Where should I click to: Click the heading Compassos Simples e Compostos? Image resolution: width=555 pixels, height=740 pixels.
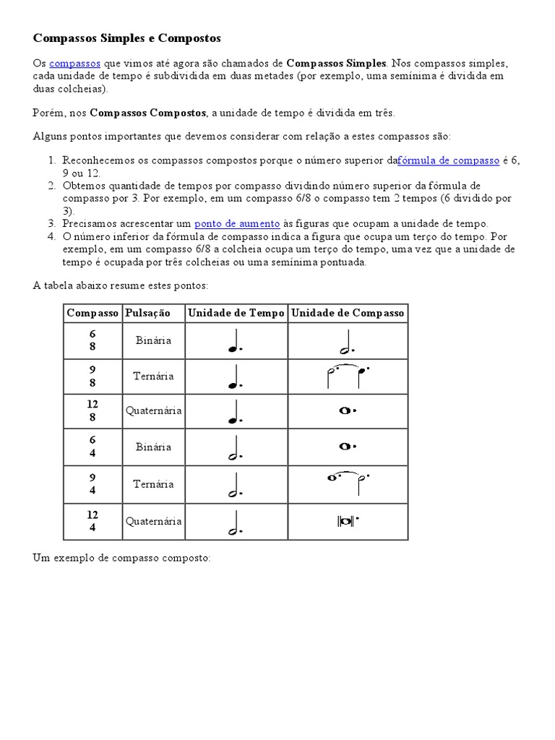127,37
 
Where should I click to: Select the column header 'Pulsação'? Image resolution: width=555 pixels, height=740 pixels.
147,313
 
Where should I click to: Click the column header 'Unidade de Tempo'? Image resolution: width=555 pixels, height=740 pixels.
236,313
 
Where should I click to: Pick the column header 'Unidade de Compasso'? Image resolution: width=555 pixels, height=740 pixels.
348,313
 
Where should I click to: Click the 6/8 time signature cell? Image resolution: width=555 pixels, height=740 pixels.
92,340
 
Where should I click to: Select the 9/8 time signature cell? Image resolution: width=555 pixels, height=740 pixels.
92,377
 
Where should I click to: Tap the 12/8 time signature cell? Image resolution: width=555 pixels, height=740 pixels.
92,411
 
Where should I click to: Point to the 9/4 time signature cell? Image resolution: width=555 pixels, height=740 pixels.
92,484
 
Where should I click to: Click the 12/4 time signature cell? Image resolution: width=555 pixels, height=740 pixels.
92,521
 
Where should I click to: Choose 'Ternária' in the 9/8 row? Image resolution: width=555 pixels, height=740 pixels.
153,377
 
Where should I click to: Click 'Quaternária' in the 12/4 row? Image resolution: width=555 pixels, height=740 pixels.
153,521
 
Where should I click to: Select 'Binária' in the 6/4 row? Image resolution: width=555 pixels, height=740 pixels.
153,447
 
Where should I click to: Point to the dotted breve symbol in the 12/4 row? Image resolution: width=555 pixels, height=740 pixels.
348,520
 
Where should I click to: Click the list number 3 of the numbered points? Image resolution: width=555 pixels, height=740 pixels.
52,224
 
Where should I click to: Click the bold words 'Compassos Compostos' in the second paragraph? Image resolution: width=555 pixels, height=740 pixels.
149,113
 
